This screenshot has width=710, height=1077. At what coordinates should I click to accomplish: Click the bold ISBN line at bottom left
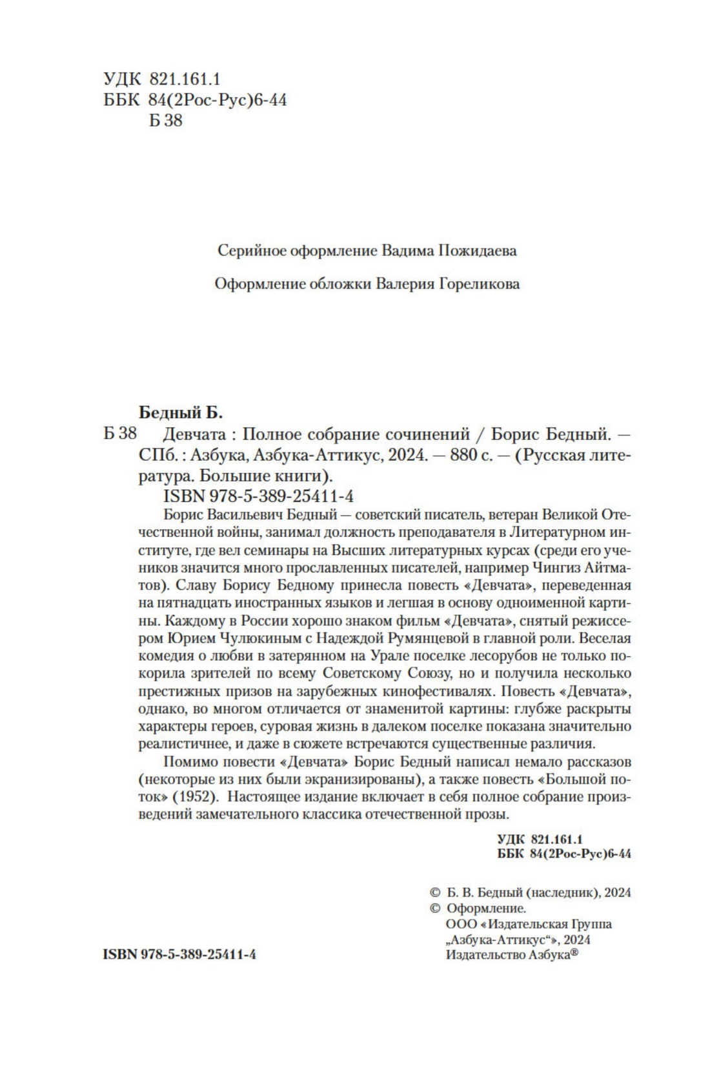click(179, 954)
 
